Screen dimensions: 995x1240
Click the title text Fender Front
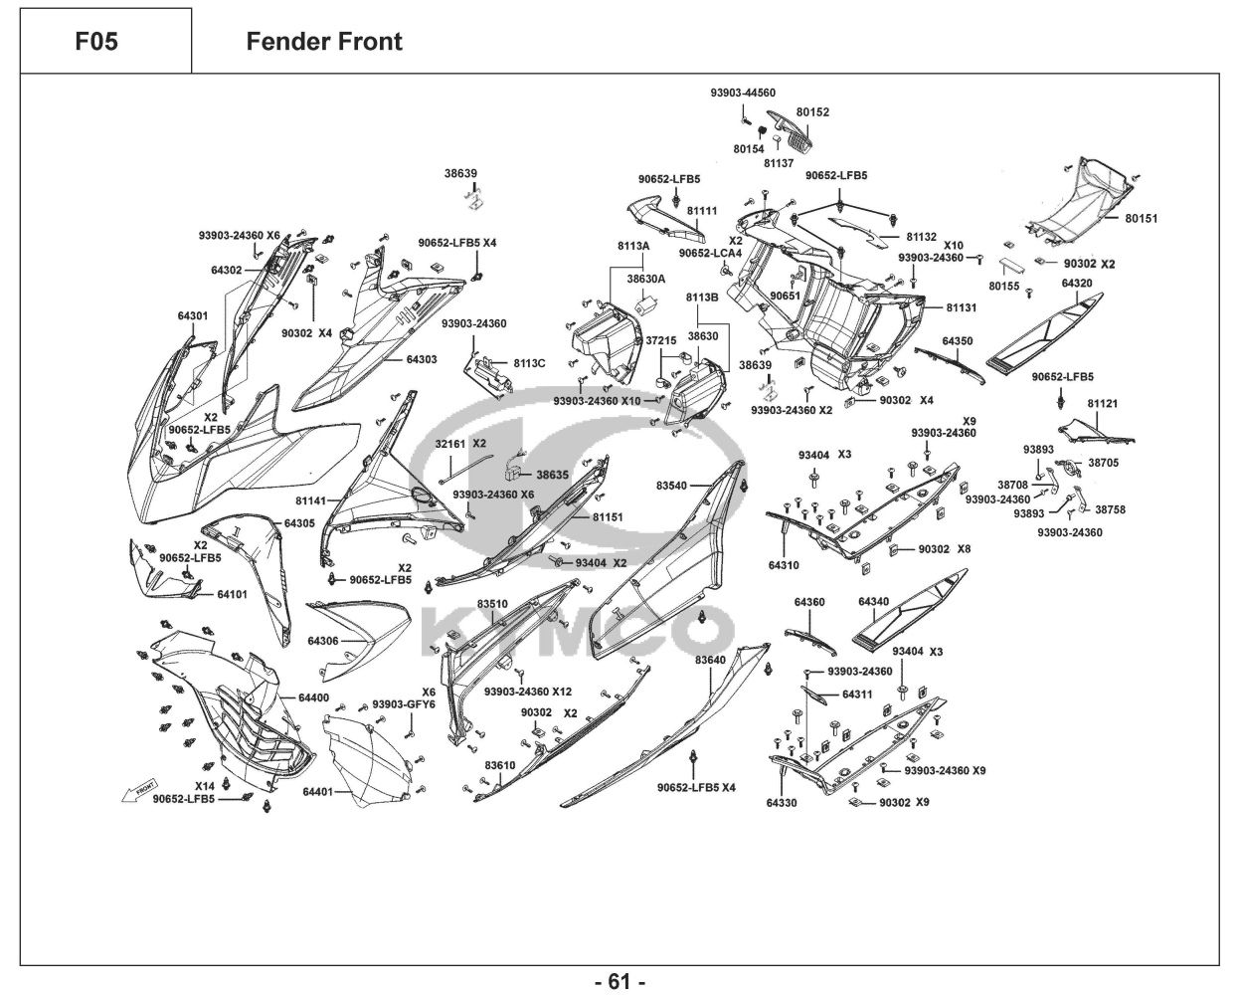point(324,42)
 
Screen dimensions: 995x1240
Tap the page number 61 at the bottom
point(620,981)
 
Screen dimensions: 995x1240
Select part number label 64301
point(193,315)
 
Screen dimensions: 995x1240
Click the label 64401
point(316,792)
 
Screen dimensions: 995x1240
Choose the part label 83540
point(671,486)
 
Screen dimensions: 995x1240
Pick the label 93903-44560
point(743,93)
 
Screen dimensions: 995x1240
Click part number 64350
point(958,341)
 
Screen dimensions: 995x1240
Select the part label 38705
point(1103,463)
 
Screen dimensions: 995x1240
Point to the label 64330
point(781,802)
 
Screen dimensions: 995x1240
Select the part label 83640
point(710,660)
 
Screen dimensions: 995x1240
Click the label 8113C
point(529,363)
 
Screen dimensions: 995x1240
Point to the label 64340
point(873,602)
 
